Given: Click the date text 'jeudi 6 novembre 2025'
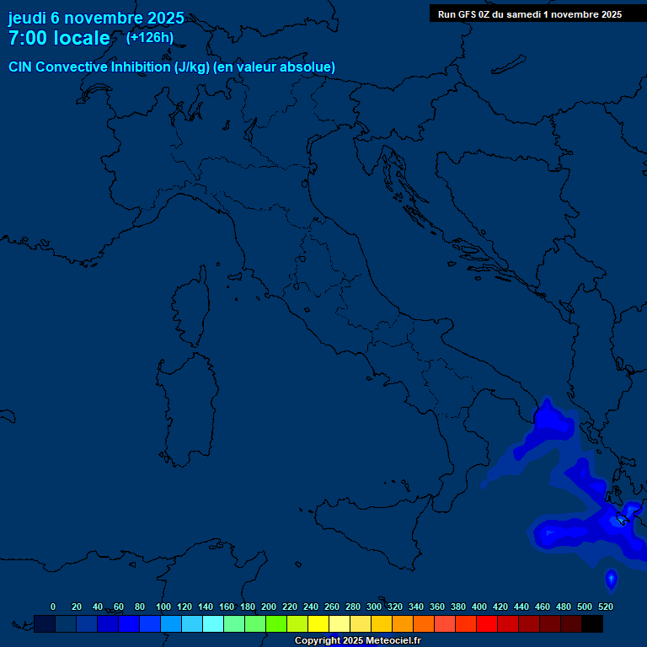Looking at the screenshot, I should tap(96, 18).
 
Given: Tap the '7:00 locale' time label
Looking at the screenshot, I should tap(59, 39).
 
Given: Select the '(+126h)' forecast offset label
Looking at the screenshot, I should tap(150, 38).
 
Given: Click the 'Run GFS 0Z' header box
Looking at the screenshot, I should tap(530, 14).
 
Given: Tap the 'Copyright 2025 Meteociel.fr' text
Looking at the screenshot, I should tap(357, 641).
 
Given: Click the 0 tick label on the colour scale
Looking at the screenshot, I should tap(53, 607).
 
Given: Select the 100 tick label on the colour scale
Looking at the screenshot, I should tap(163, 607).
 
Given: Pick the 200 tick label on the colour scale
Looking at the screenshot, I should tap(269, 607).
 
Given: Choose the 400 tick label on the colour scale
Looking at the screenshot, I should tap(479, 607).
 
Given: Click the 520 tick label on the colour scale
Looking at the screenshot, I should tap(605, 607).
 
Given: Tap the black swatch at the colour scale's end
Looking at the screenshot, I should tap(592, 623).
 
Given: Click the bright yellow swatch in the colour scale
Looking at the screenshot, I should tap(318, 623).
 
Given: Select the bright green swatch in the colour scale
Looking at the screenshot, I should tap(276, 623).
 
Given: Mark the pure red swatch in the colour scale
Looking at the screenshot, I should tap(487, 623).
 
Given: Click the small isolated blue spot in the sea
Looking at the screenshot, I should tap(611, 579).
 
